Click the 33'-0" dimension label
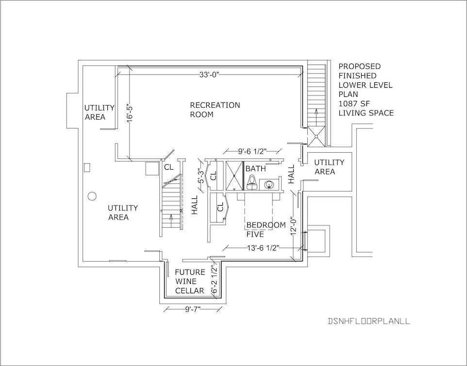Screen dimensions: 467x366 209,74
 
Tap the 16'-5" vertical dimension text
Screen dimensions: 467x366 130,112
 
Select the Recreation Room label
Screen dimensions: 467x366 215,110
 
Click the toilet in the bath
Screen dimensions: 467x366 252,182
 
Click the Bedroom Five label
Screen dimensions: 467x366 266,229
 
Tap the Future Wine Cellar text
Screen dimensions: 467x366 190,281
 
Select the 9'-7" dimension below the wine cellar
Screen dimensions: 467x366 193,309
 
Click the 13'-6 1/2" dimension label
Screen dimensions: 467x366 263,248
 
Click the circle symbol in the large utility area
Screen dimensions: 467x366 92,196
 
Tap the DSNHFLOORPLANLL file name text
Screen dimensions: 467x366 369,321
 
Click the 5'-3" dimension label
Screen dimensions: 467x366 201,176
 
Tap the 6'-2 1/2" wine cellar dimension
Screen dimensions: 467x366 215,280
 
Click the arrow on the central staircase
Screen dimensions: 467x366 171,220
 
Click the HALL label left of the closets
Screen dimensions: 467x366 195,205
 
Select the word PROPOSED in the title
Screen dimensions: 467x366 360,66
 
